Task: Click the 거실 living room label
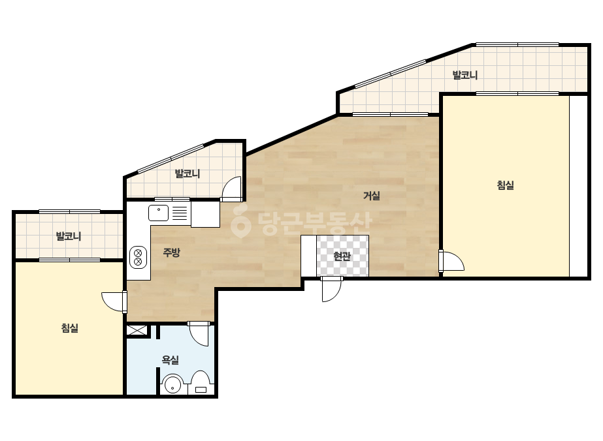click(372, 196)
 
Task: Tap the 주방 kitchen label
click(172, 252)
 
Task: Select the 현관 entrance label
click(342, 256)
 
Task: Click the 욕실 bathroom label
click(171, 360)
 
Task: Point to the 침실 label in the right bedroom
click(505, 185)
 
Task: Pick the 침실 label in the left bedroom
click(70, 328)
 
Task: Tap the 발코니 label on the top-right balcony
click(465, 75)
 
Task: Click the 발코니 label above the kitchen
click(187, 174)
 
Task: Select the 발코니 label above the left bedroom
click(69, 236)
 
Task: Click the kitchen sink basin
click(159, 213)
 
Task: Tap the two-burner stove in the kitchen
click(139, 257)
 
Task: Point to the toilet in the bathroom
click(201, 382)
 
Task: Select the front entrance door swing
click(331, 289)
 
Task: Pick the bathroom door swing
click(199, 333)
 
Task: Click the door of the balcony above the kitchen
click(231, 189)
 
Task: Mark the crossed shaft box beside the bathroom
click(137, 330)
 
